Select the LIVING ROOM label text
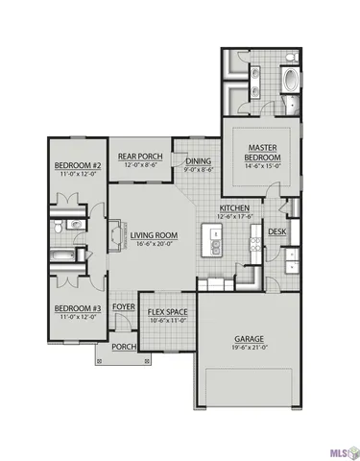pos(156,235)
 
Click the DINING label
pos(199,161)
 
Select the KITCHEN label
pos(235,208)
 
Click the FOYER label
pos(123,307)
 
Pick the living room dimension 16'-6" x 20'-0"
pos(156,245)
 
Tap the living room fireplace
pos(116,234)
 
